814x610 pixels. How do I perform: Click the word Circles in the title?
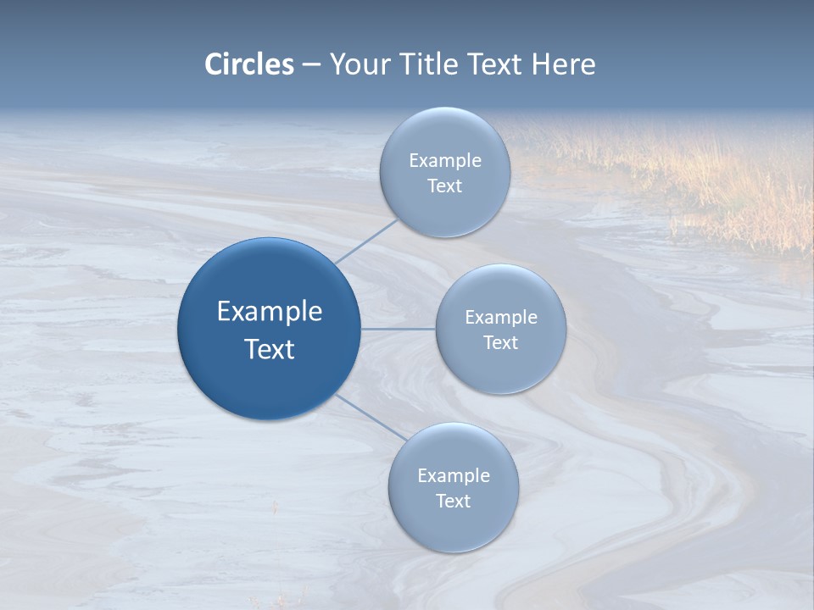click(x=249, y=64)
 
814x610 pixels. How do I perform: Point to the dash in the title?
click(x=311, y=65)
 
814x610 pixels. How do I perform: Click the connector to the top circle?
click(x=366, y=241)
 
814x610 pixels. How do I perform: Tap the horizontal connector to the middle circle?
click(x=399, y=329)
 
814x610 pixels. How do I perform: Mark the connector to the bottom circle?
click(x=371, y=418)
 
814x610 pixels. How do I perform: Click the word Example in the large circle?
click(x=270, y=312)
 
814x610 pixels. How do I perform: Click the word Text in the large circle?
click(x=270, y=349)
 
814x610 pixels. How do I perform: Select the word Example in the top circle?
click(x=445, y=161)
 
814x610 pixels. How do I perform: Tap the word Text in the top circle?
click(x=444, y=186)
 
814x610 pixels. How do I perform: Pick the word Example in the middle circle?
click(x=501, y=318)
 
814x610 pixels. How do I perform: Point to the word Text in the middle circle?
click(x=500, y=343)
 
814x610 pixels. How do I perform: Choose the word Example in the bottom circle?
click(x=454, y=476)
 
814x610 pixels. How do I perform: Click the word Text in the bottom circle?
click(x=453, y=502)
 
